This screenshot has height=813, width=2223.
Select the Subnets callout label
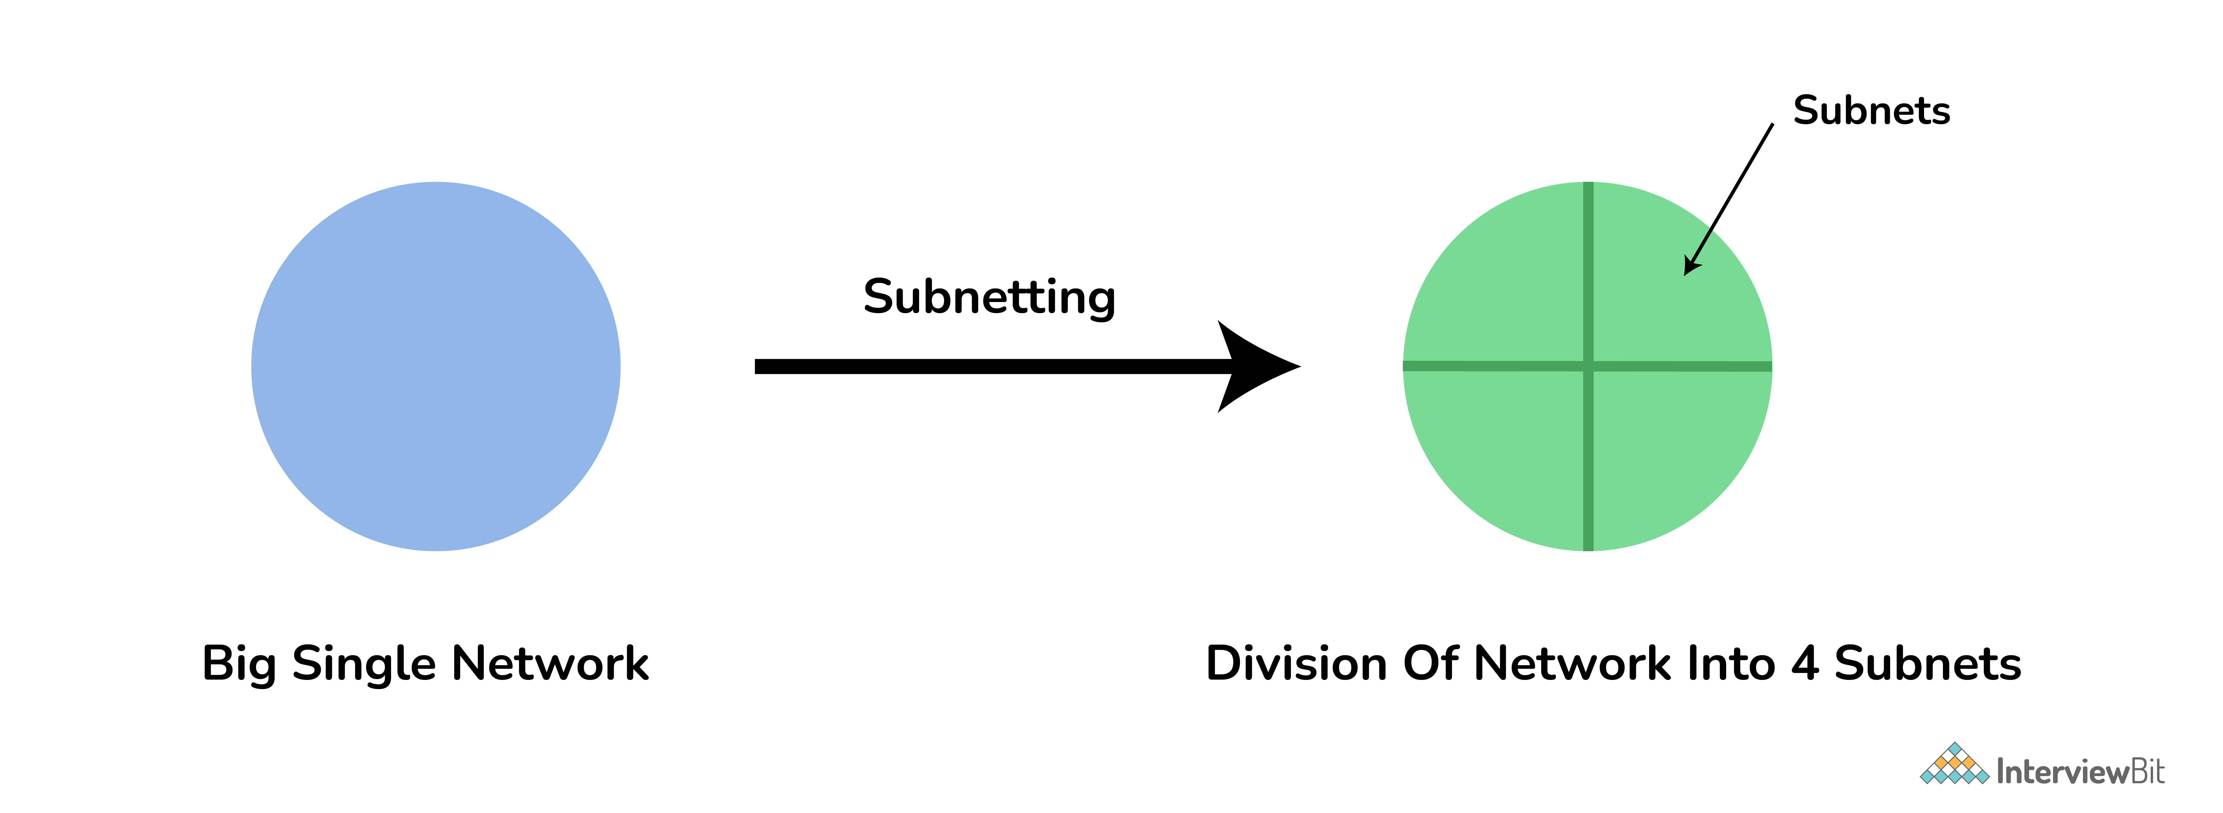coord(1871,111)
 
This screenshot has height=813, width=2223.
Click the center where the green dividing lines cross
coord(1588,366)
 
